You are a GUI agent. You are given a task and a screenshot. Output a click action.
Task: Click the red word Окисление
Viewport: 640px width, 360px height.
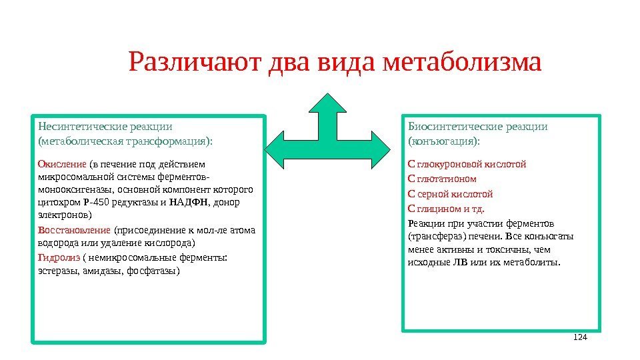pyautogui.click(x=62, y=164)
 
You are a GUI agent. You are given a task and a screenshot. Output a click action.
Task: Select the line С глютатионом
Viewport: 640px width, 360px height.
pyautogui.click(x=442, y=179)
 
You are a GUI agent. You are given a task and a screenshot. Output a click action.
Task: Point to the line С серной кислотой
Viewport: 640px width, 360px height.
pyautogui.click(x=450, y=194)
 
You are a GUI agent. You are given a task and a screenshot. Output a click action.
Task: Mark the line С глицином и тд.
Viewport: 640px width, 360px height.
pyautogui.click(x=446, y=209)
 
